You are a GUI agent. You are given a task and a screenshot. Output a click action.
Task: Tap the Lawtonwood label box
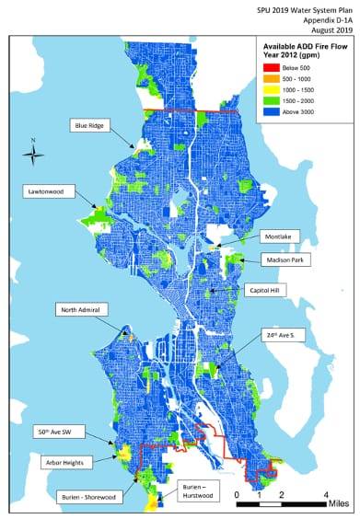pyautogui.click(x=48, y=191)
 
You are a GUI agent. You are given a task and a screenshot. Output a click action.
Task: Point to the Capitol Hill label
pyautogui.click(x=267, y=290)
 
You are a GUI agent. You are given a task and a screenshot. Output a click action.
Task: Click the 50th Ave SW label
pyautogui.click(x=54, y=430)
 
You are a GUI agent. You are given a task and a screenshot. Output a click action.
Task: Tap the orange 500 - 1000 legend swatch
pyautogui.click(x=272, y=79)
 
